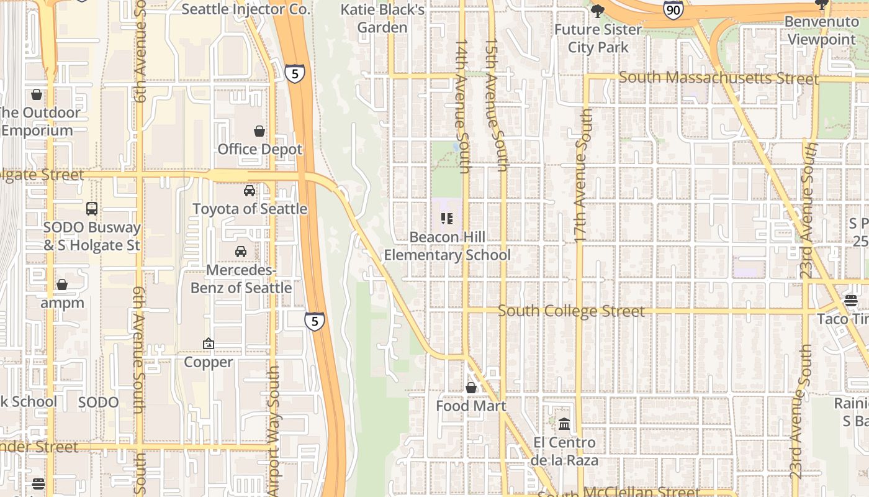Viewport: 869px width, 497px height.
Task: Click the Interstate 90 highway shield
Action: coord(673,9)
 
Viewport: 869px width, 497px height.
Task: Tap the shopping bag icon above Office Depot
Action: coord(259,131)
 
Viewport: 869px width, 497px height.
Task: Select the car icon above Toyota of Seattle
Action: coord(250,191)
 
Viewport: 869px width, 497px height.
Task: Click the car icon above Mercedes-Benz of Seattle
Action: coord(241,252)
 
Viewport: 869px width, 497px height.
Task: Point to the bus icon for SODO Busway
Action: coord(92,209)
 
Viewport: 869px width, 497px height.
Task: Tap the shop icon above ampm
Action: coord(62,285)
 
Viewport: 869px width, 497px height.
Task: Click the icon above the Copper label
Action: coord(209,344)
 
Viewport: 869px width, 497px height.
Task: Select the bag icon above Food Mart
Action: coord(471,388)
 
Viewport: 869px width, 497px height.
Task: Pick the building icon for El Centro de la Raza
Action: coord(564,424)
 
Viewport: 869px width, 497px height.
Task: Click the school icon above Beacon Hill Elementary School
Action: coord(447,219)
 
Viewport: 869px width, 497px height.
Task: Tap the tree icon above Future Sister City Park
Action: coord(598,11)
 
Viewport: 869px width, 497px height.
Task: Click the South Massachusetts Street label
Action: coord(718,78)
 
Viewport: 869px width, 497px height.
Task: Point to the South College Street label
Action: coord(571,311)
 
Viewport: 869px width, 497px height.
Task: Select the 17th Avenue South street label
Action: coord(581,176)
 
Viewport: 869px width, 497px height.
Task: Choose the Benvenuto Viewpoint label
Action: coord(820,30)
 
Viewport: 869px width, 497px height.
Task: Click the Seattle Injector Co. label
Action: coord(245,9)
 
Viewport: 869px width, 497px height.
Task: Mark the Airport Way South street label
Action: coord(274,430)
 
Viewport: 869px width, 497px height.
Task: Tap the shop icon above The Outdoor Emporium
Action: coord(37,94)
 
